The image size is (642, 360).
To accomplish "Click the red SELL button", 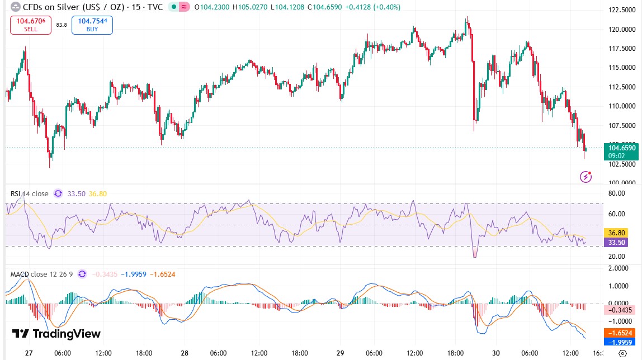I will coord(31,25).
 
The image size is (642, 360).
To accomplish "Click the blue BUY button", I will coord(92,25).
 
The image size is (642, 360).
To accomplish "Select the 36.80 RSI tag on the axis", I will coord(616,233).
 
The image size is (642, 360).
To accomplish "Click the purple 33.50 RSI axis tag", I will coord(616,242).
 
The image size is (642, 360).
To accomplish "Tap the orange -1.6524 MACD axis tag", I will coord(620,332).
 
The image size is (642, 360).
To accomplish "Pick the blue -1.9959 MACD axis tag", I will coord(620,342).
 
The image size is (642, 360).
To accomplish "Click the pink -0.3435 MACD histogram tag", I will coord(620,310).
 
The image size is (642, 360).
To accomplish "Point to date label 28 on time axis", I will coord(185,353).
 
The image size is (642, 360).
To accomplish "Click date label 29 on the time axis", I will coord(341,353).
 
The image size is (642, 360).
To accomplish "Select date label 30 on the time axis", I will coord(496,353).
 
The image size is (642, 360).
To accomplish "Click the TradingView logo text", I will coord(56,334).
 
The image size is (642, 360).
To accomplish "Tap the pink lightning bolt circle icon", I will coord(586,177).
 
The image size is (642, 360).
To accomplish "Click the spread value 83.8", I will coord(62,25).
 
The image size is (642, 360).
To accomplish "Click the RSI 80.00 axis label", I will coord(616,194).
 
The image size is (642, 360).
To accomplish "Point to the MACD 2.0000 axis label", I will coord(619,268).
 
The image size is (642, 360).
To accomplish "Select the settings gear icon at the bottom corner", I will coord(622,353).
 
